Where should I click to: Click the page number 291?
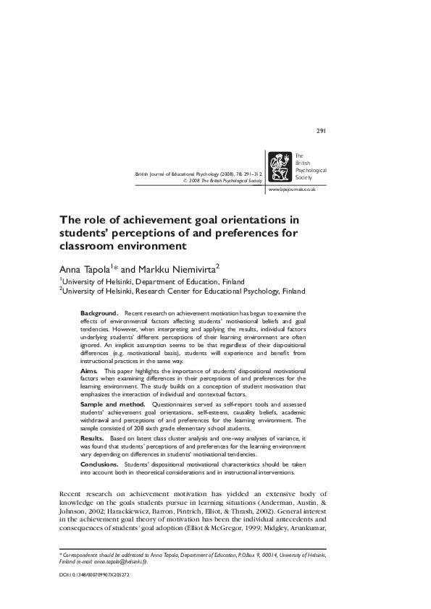tap(322, 131)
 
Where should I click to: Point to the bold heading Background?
tap(99, 312)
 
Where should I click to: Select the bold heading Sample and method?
tap(112, 404)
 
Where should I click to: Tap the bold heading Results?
tap(92, 438)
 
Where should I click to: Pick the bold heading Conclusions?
tap(101, 464)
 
